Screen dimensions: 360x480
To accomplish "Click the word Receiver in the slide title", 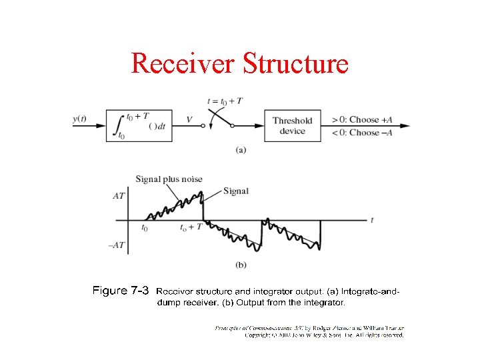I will pos(183,63).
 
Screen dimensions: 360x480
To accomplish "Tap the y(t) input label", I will pos(79,119).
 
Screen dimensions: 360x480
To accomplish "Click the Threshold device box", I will pos(292,125).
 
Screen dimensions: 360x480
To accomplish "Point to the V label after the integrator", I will pos(189,120).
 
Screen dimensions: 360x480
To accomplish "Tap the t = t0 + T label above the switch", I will pos(225,101).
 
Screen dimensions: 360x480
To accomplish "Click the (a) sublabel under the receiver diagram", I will pos(241,149).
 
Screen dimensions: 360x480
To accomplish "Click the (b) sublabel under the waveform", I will pos(241,265).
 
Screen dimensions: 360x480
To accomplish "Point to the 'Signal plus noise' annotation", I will pos(169,179).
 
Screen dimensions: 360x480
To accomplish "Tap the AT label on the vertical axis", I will pos(118,196).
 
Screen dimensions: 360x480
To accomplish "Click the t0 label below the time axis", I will pos(145,227).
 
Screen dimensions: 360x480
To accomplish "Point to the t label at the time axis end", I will pos(372,219).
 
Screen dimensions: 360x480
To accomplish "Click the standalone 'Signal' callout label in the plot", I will pos(236,191).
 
